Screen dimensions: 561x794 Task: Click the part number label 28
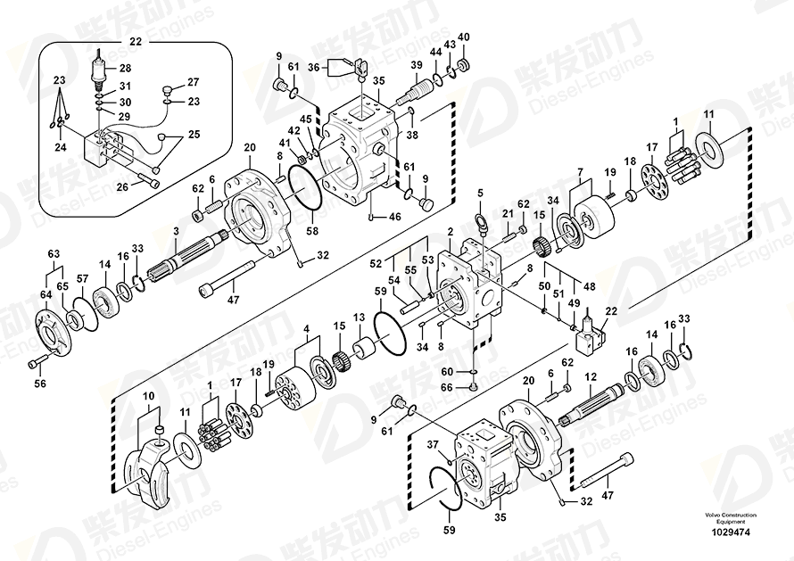tap(125, 69)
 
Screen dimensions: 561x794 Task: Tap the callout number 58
tap(312, 231)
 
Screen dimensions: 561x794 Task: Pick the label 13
tap(359, 318)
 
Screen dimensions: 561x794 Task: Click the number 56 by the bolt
tap(38, 384)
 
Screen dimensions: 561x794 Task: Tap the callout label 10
tap(149, 395)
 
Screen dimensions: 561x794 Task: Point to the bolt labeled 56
tap(36, 363)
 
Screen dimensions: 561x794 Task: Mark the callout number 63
tap(53, 255)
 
